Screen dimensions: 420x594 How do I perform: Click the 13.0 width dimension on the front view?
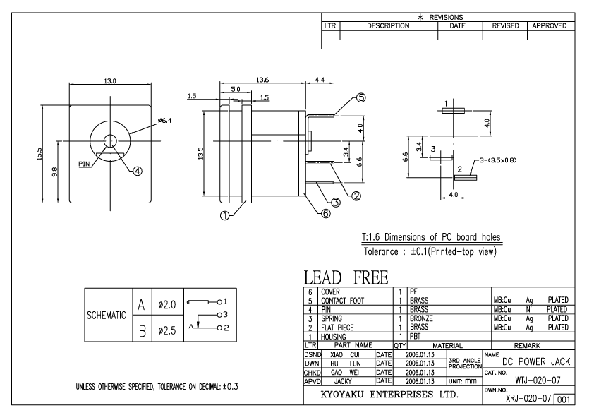[110, 82]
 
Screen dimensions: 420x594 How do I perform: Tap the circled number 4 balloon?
[138, 170]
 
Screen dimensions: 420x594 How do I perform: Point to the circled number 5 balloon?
[361, 98]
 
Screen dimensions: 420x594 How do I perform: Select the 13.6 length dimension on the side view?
[262, 79]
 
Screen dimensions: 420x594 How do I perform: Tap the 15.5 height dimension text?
[40, 154]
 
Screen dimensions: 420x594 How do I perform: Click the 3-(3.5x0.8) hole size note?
[497, 160]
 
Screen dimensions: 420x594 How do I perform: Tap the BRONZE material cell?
[420, 318]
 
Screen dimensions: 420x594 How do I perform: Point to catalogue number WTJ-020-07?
[539, 379]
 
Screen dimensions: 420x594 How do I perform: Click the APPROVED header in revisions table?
[550, 25]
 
